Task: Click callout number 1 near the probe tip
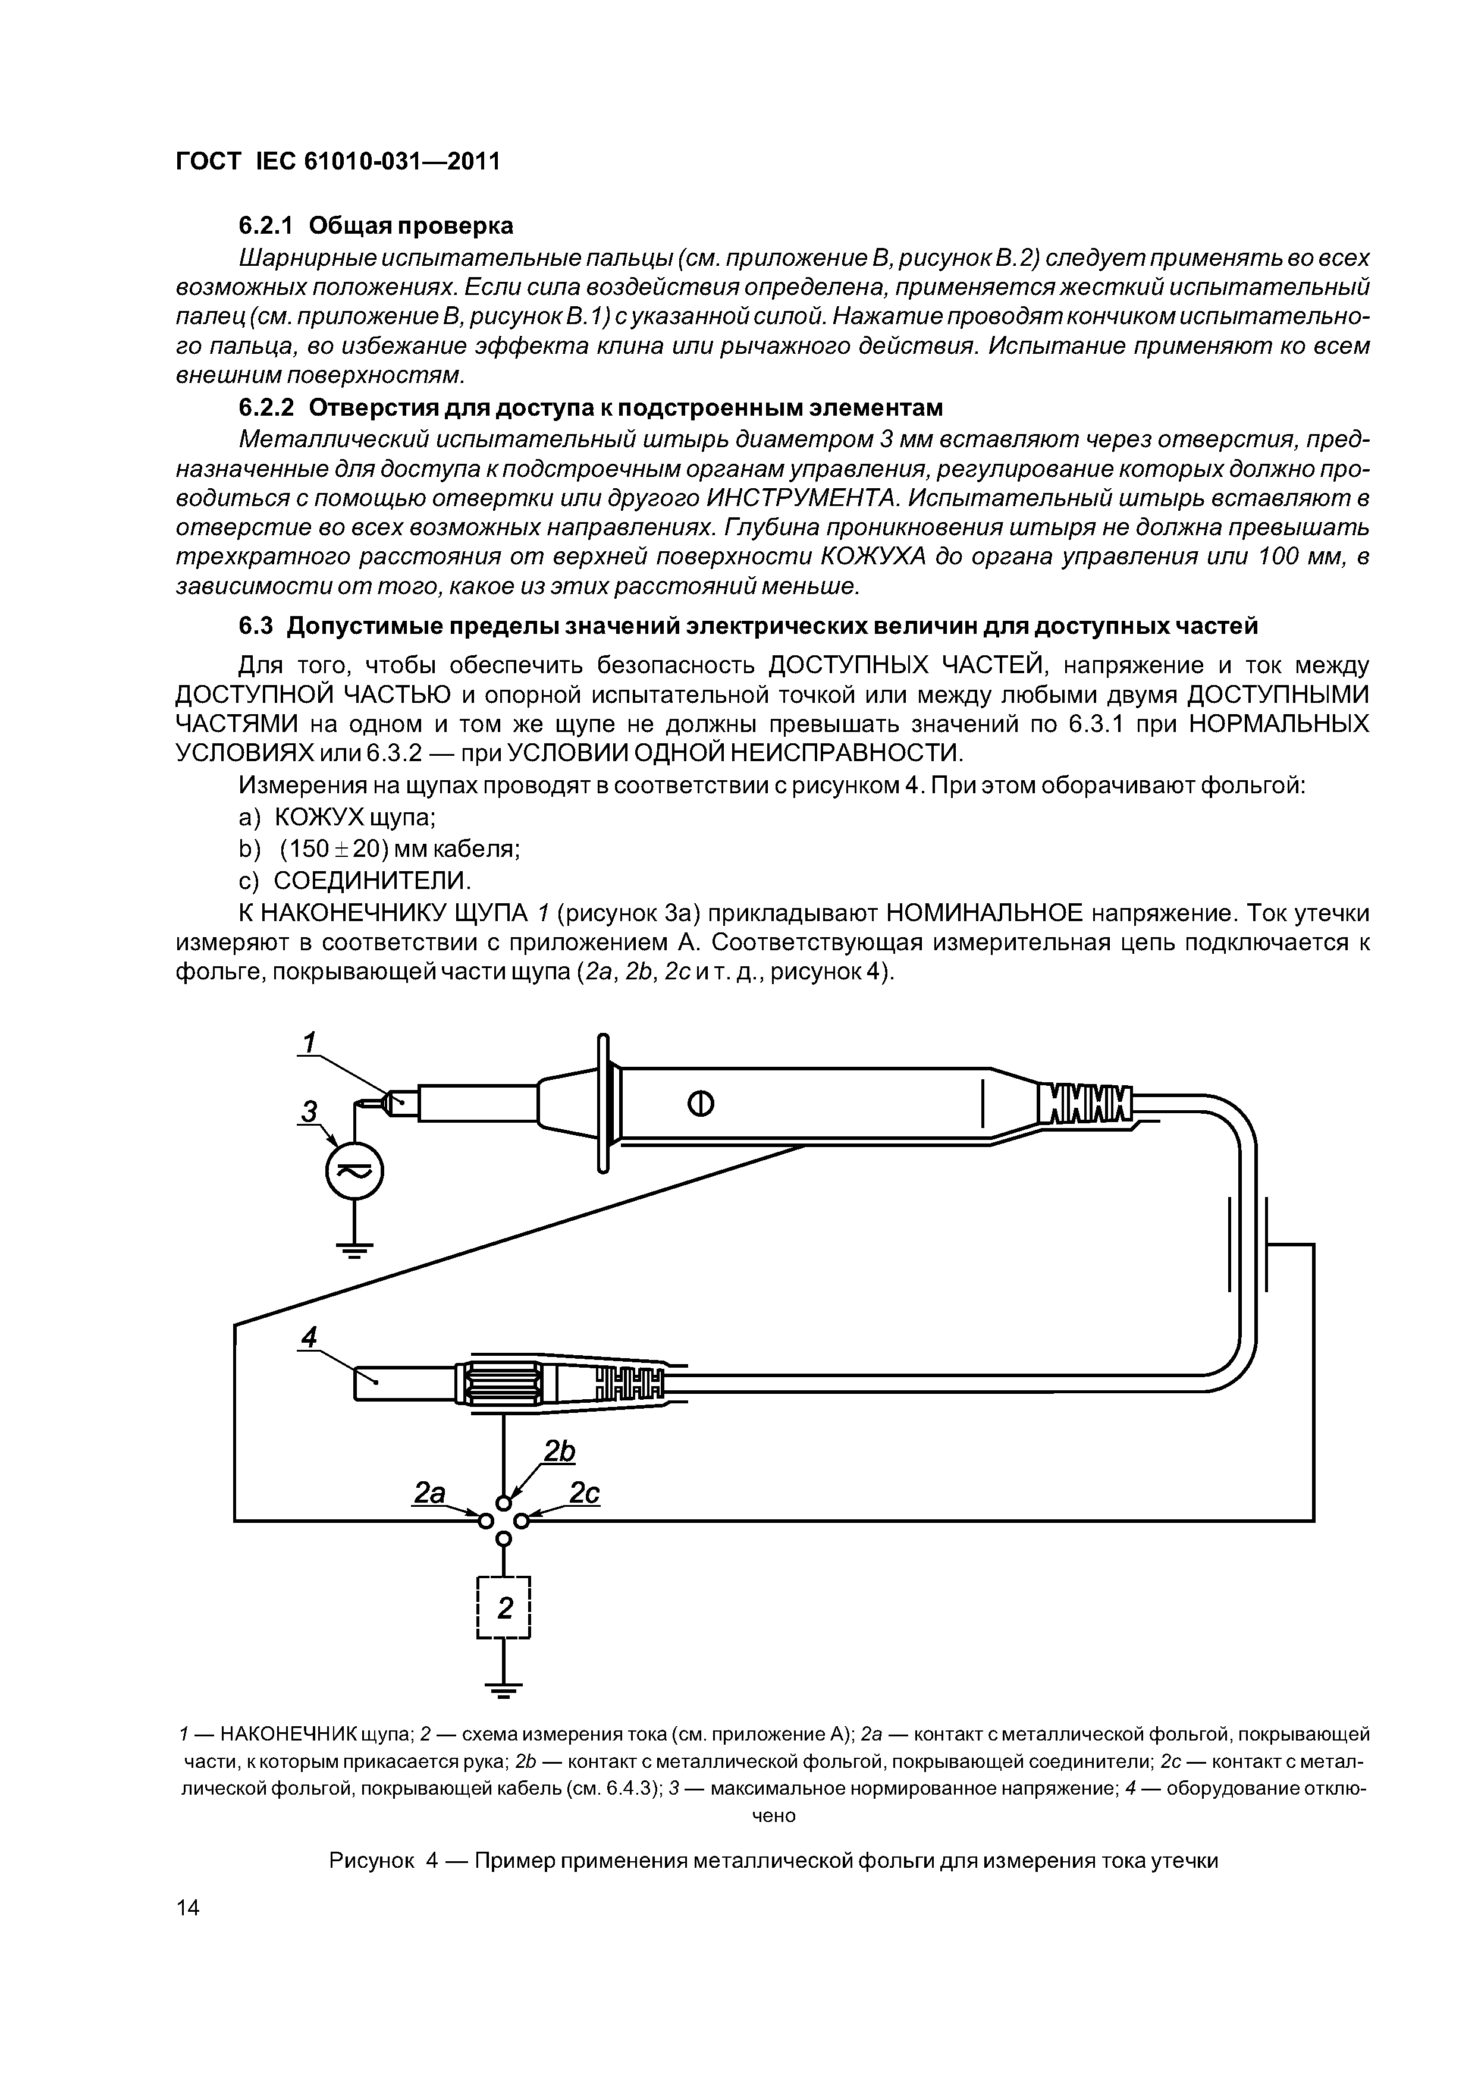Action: pos(309,1041)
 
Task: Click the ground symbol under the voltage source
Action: pos(355,1251)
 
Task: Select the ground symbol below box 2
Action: pos(504,1690)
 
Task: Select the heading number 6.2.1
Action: pos(268,225)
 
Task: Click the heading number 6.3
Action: pos(257,627)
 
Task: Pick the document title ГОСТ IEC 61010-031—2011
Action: pos(337,162)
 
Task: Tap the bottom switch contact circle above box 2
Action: pos(504,1538)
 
